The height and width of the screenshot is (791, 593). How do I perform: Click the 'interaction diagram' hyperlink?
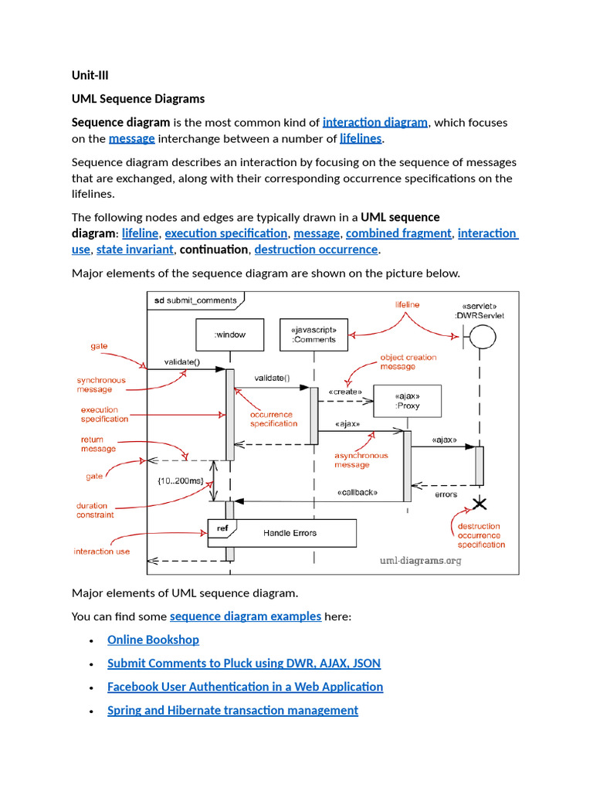click(374, 122)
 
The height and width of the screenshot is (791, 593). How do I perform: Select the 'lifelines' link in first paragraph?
click(361, 138)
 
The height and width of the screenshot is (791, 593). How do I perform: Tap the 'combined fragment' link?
click(398, 233)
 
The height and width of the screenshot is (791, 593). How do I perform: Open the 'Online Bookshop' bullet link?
click(153, 640)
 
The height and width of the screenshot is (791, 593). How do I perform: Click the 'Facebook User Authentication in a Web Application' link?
click(245, 687)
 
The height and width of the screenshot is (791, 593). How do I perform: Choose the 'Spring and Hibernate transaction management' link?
click(232, 710)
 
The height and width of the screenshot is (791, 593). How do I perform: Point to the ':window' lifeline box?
click(229, 334)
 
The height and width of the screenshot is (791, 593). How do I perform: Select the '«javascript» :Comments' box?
click(313, 334)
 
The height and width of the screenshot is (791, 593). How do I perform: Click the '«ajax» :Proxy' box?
click(407, 401)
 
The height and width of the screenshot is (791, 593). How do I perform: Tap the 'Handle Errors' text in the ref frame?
click(290, 533)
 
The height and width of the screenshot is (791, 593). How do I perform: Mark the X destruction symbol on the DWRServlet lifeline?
click(479, 504)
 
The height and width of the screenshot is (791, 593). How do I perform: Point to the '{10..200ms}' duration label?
click(180, 480)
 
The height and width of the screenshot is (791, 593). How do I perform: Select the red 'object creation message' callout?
click(408, 362)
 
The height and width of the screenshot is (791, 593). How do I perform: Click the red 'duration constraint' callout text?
click(95, 510)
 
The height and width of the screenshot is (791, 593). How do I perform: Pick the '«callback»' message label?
click(357, 493)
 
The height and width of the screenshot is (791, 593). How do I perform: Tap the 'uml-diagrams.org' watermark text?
click(420, 561)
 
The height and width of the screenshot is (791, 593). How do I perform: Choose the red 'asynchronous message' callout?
click(361, 460)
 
